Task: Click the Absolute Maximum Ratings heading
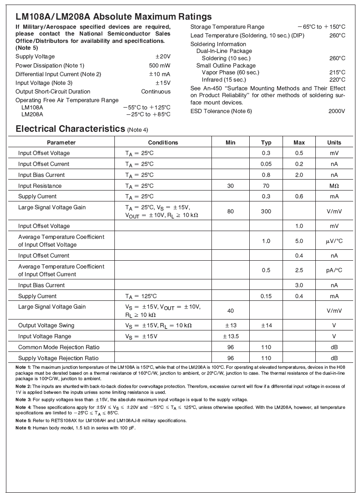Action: click(113, 17)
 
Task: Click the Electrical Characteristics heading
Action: click(70, 129)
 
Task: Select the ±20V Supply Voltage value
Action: click(163, 57)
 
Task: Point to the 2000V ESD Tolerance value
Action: click(336, 111)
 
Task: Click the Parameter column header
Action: click(61, 143)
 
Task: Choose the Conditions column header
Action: click(163, 143)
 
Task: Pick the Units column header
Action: click(334, 143)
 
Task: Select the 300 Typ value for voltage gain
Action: click(266, 211)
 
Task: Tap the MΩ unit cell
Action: click(334, 186)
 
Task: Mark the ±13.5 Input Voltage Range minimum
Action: click(231, 336)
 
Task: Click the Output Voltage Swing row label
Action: click(46, 325)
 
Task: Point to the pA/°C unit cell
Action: click(334, 270)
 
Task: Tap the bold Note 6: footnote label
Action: click(23, 428)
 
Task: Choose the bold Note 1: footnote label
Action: click(23, 367)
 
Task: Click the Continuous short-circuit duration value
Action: click(156, 92)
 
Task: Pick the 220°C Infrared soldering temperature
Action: click(337, 79)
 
